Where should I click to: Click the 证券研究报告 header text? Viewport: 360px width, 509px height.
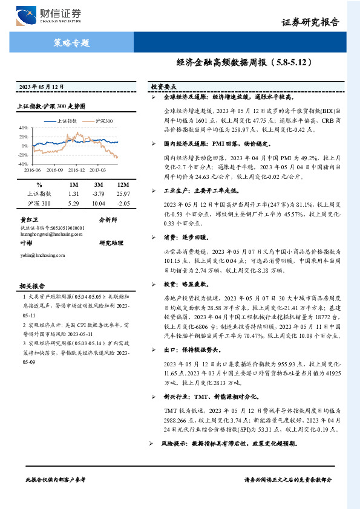(310, 22)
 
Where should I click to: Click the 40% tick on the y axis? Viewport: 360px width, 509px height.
(23, 128)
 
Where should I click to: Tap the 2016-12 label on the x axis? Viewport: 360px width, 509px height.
(76, 170)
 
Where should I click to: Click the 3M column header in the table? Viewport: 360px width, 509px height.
(99, 184)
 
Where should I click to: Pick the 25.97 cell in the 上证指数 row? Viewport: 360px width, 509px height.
(123, 193)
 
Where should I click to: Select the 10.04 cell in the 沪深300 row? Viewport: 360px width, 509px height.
(99, 203)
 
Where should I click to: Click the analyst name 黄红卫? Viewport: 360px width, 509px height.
(28, 219)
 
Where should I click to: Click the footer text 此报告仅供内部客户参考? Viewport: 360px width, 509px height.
(56, 479)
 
